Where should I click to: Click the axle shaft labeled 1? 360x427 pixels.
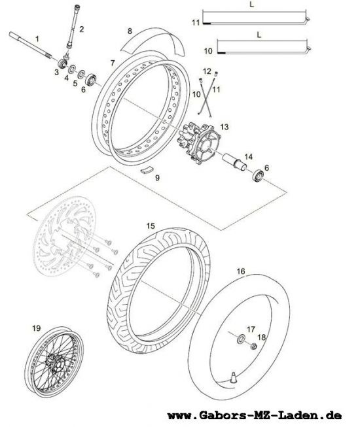pos(31,45)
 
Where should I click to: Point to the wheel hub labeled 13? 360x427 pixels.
pos(198,143)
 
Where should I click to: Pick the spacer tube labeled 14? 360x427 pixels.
pos(234,162)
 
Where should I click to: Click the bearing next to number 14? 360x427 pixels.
pos(258,176)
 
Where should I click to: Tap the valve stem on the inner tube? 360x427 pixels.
pos(233,378)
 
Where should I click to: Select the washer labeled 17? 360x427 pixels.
pos(241,339)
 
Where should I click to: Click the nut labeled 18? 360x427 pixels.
pos(254,347)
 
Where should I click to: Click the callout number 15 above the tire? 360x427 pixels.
pos(151,226)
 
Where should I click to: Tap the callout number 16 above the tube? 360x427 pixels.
pos(241,271)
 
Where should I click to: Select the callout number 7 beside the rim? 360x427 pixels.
pos(113,63)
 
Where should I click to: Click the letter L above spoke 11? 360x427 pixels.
pos(251,5)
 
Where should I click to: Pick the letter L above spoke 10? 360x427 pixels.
pos(259,35)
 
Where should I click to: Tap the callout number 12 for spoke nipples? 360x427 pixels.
pos(207,71)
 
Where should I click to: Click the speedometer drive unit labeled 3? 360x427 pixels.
pos(63,63)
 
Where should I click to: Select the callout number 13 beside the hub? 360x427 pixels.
pos(225,127)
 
